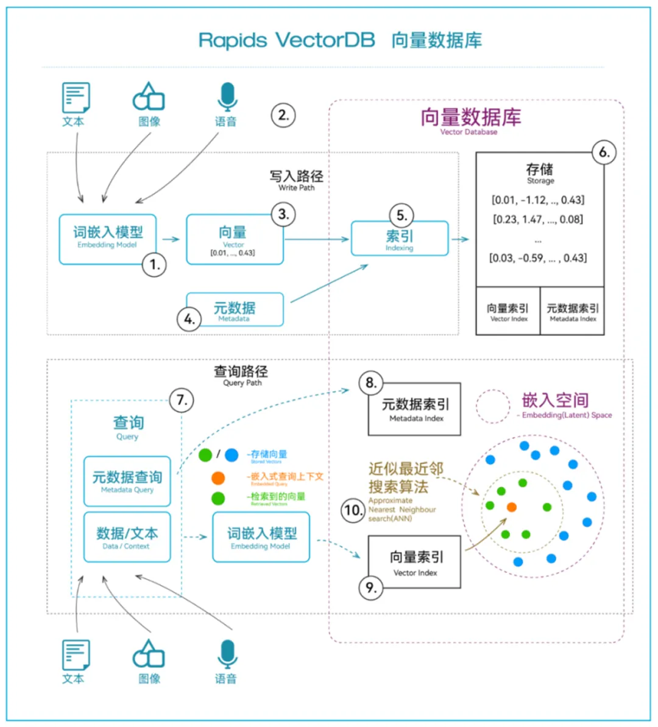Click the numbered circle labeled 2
pyautogui.click(x=283, y=115)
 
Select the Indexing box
pyautogui.click(x=400, y=239)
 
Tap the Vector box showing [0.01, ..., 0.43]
pyautogui.click(x=234, y=239)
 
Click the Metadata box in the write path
pyautogui.click(x=235, y=310)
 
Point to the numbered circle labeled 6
pyautogui.click(x=604, y=152)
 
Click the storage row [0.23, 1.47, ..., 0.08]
pyautogui.click(x=538, y=219)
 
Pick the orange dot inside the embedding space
pyautogui.click(x=512, y=507)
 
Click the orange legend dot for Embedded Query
pyautogui.click(x=218, y=478)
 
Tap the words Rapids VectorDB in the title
pyautogui.click(x=286, y=40)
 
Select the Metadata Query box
pyautogui.click(x=127, y=481)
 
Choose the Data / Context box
pyautogui.click(x=127, y=537)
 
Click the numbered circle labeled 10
pyautogui.click(x=353, y=510)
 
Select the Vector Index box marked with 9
pyautogui.click(x=415, y=561)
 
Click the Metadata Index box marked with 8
pyautogui.click(x=415, y=409)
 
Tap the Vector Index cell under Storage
pyautogui.click(x=508, y=311)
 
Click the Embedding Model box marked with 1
pyautogui.click(x=107, y=239)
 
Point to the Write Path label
pyautogui.click(x=297, y=180)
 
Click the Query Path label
pyautogui.click(x=241, y=374)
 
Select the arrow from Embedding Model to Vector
pyautogui.click(x=171, y=239)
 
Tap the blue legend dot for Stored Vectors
pyautogui.click(x=232, y=455)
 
